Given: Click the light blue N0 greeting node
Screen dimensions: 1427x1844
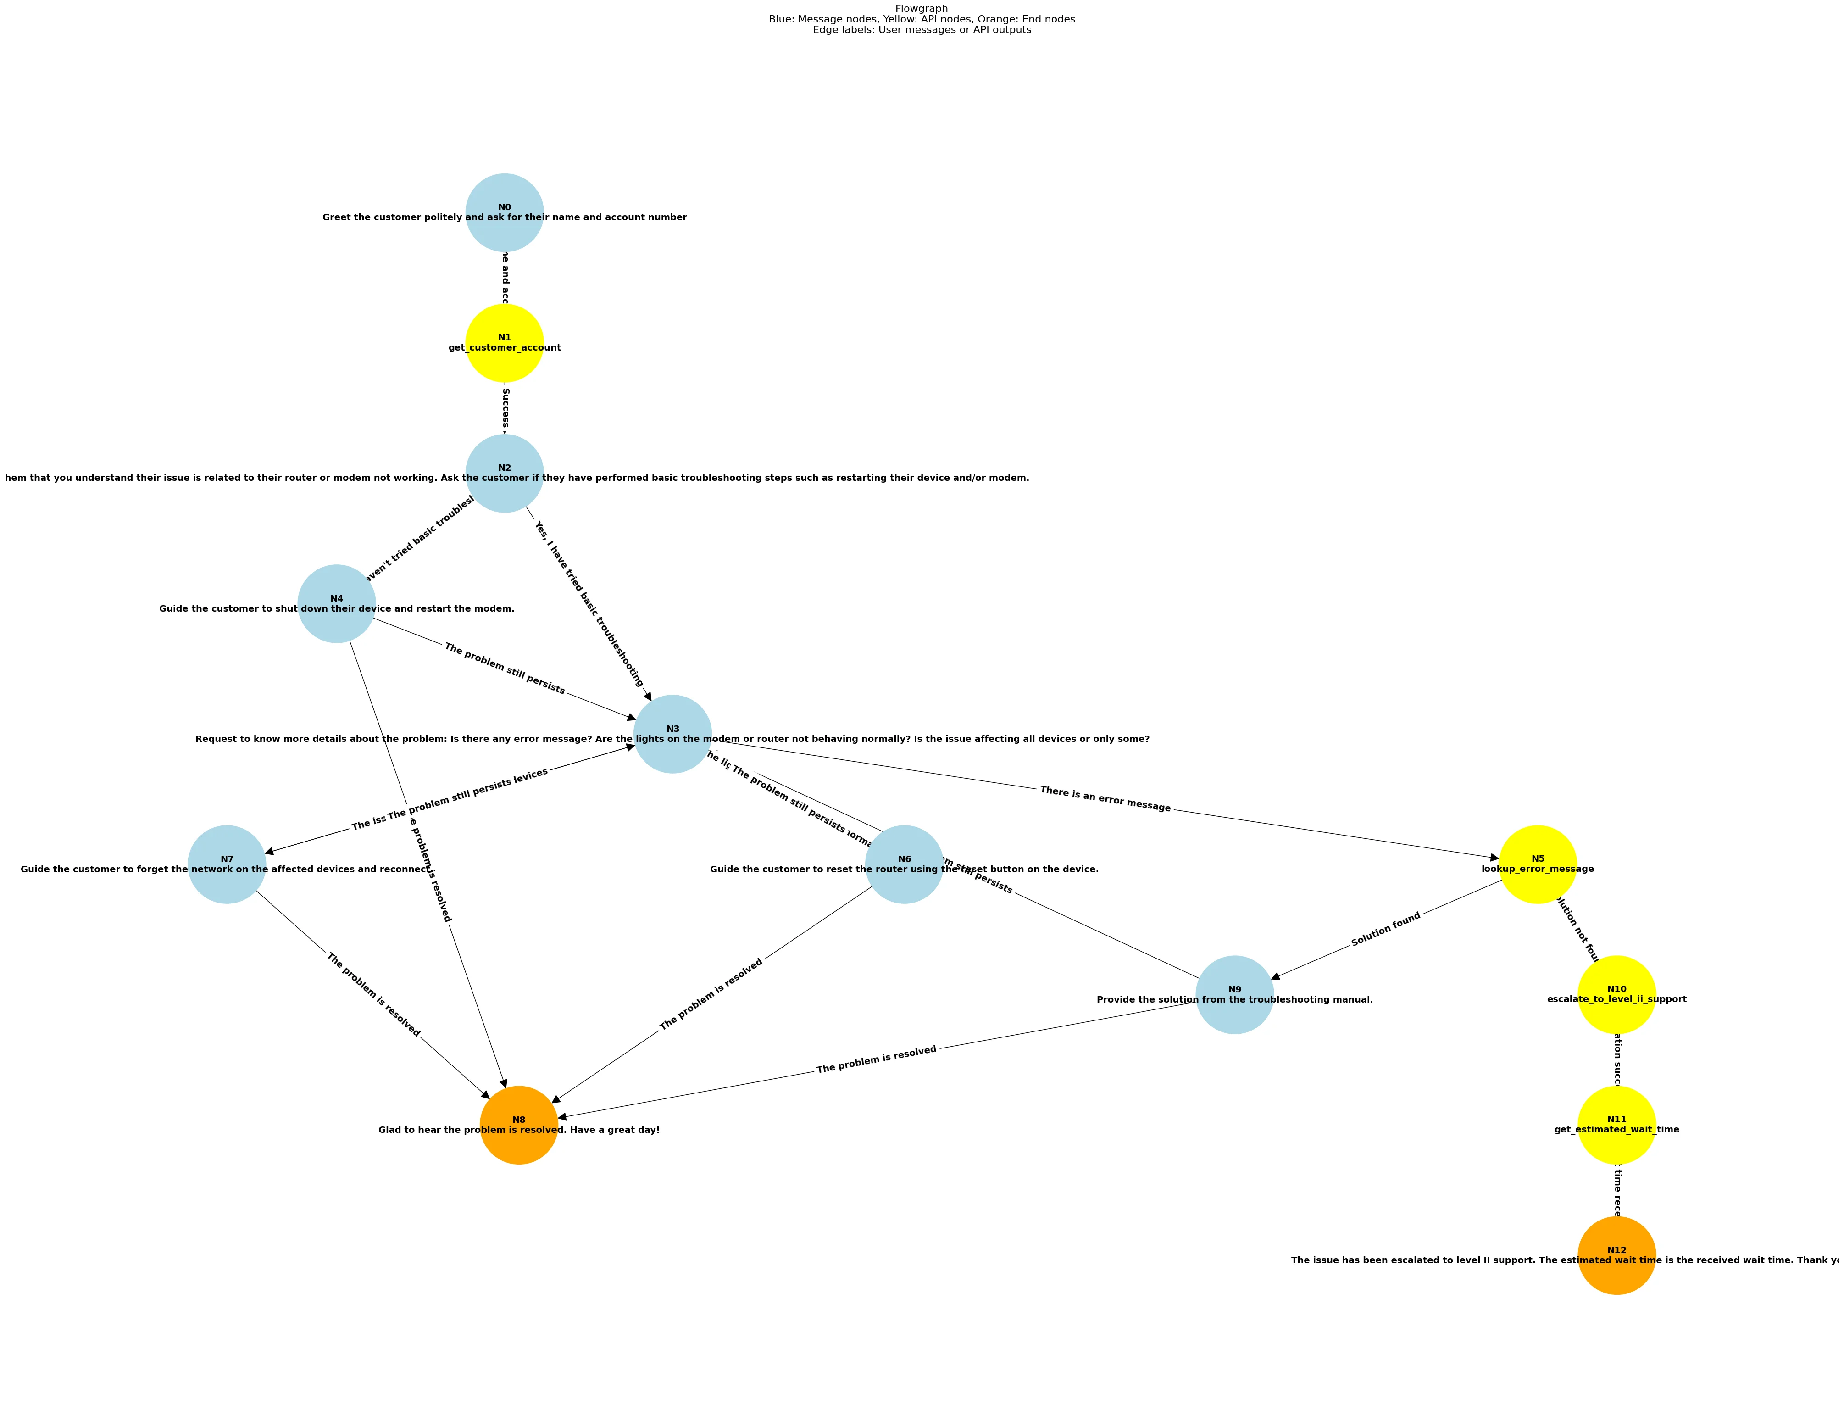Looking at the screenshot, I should click(504, 212).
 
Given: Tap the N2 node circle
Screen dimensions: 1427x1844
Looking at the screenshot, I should click(504, 473).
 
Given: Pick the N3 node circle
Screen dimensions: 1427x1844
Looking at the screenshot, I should click(672, 734).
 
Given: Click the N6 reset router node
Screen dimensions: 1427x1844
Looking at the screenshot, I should click(904, 864).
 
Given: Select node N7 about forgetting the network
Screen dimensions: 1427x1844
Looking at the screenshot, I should click(226, 864).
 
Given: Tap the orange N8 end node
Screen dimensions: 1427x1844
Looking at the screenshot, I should click(518, 1125).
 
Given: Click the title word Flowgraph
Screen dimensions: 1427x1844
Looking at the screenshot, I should click(921, 8).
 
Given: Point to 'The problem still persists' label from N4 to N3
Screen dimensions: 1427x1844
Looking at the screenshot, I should click(504, 669).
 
